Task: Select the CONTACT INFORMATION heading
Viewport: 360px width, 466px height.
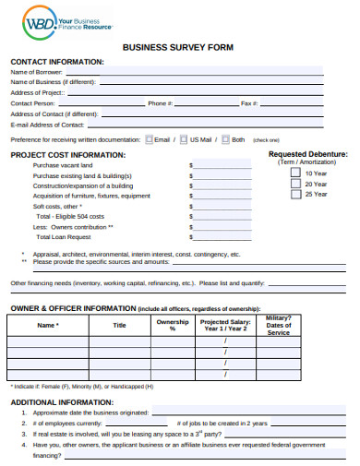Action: [x=57, y=62]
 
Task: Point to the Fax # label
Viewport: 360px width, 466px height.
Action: [x=248, y=103]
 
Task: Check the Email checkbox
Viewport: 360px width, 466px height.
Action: [x=150, y=139]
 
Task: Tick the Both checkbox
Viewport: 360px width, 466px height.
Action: [x=225, y=139]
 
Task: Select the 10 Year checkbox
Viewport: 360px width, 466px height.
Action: [x=295, y=172]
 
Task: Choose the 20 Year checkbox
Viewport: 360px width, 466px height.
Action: [x=295, y=183]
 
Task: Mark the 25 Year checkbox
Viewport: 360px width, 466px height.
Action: [x=295, y=194]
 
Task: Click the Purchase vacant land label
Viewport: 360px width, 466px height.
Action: [x=63, y=164]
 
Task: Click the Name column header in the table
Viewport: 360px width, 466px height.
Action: [x=48, y=326]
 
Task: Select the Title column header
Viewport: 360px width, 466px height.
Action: [x=120, y=326]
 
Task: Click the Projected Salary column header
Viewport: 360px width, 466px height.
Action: [x=225, y=326]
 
